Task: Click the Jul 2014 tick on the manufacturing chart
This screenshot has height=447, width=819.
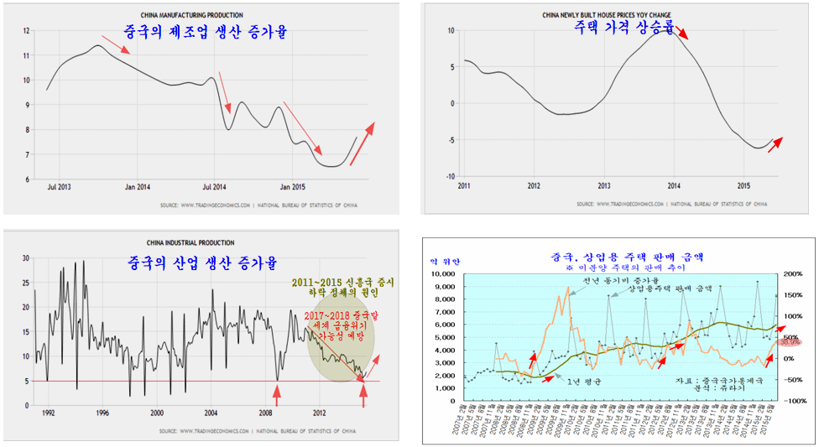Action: (x=214, y=186)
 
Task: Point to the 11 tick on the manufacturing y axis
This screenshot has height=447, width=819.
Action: (x=26, y=55)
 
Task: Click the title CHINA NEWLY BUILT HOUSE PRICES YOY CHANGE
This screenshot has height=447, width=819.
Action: (x=600, y=14)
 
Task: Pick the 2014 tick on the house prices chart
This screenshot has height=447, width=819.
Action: (x=674, y=185)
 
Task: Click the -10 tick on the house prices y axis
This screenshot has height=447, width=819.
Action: (x=449, y=177)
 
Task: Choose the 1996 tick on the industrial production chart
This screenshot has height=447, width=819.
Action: (x=102, y=413)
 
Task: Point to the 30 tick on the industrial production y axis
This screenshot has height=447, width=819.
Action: (x=24, y=258)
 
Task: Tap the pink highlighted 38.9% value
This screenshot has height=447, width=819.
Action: (x=790, y=342)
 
